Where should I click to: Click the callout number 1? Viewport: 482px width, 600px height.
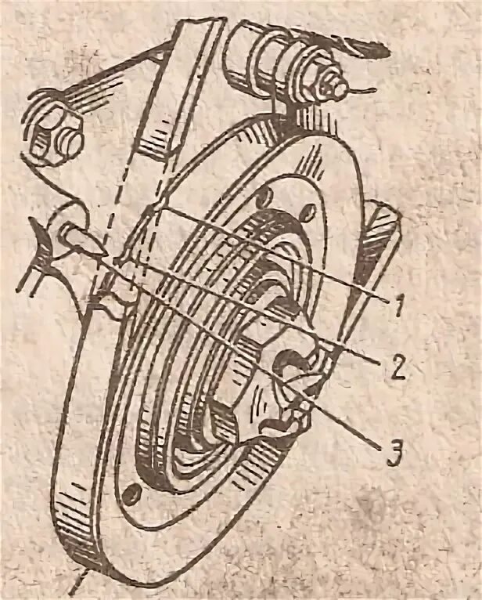pos(398,304)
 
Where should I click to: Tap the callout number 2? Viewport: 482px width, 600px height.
pos(398,366)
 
